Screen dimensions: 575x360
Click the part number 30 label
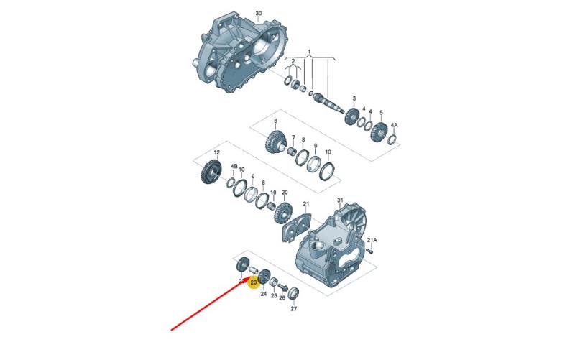[x=259, y=14]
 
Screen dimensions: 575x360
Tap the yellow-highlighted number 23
[x=254, y=282]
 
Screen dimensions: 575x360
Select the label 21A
[x=372, y=240]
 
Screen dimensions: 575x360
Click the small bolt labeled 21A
[x=369, y=251]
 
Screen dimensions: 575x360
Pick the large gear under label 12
[x=210, y=172]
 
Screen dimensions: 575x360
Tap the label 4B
[x=234, y=166]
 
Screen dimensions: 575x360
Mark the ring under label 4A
[x=392, y=139]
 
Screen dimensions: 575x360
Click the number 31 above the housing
[x=340, y=200]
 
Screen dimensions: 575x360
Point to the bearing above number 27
[x=294, y=293]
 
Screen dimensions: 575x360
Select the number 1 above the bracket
[x=309, y=51]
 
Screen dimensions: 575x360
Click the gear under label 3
[x=351, y=116]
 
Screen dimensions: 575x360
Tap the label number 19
[x=273, y=193]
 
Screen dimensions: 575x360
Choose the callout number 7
[x=293, y=137]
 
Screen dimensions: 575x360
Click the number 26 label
[x=282, y=298]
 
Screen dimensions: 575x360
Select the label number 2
[x=293, y=61]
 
